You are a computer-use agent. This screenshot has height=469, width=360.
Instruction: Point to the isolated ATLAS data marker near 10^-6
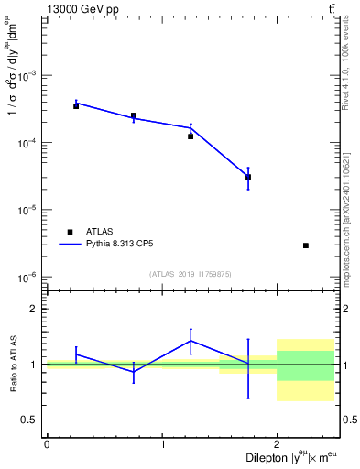coord(305,245)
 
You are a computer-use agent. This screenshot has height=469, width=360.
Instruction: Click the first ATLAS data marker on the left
coord(76,106)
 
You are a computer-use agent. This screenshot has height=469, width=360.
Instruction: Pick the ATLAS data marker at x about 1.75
coord(248,177)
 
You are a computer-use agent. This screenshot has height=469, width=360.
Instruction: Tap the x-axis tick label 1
coord(162,443)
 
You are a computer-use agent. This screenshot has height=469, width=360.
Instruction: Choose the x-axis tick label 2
coord(277,443)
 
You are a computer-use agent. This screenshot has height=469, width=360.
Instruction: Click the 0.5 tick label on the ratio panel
coord(31,420)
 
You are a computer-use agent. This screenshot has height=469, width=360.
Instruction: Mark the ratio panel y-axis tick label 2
coord(35,309)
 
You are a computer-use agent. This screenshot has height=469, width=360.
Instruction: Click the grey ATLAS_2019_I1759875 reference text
coord(191,273)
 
